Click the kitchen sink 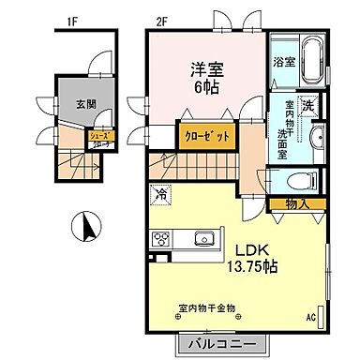tap(205, 239)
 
